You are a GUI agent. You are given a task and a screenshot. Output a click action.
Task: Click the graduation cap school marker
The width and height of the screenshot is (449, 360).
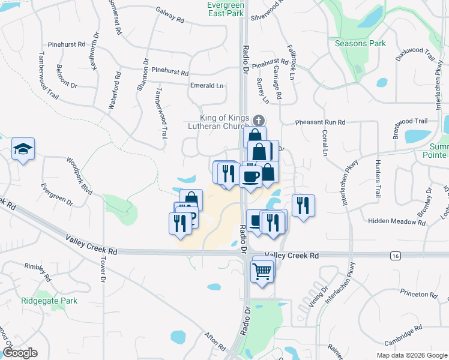(x=23, y=149)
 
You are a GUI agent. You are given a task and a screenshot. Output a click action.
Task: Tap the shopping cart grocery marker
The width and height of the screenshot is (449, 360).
(x=263, y=272)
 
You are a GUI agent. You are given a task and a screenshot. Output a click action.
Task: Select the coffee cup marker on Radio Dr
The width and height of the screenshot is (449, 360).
(x=250, y=176)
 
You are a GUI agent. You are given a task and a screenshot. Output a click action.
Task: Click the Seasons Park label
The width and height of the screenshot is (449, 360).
(x=360, y=43)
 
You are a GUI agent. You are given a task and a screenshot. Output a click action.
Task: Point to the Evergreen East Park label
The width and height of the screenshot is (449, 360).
(x=225, y=8)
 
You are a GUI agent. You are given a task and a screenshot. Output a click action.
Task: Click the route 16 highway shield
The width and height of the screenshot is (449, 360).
(x=394, y=256)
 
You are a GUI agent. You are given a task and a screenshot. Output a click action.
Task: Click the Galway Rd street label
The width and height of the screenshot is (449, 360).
(x=169, y=15)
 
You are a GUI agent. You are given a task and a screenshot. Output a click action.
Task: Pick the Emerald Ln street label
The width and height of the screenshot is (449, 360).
(x=206, y=86)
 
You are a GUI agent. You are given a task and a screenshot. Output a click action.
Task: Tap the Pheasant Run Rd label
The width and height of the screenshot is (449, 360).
(x=320, y=122)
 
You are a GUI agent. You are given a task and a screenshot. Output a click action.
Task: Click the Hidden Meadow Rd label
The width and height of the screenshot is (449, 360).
(x=397, y=221)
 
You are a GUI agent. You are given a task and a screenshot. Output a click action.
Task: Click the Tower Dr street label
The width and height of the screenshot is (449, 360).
(x=103, y=271)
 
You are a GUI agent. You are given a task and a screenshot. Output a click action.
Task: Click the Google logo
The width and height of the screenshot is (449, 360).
(x=20, y=353)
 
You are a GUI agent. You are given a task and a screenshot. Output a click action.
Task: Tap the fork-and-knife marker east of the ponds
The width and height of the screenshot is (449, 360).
(x=303, y=206)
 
